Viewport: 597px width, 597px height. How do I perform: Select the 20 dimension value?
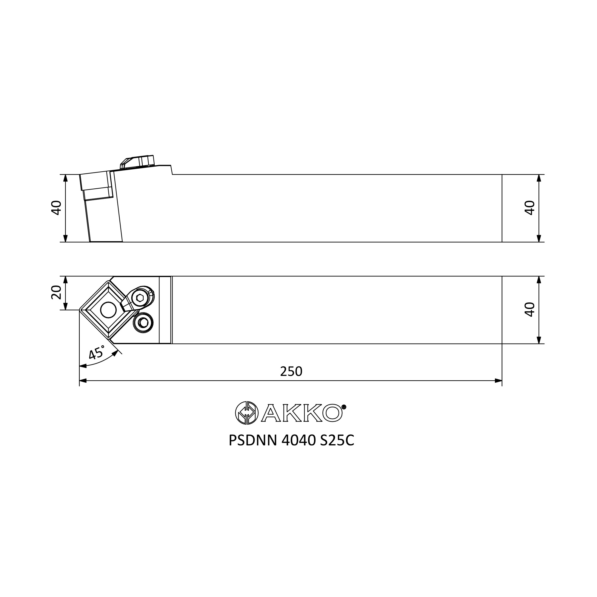56,292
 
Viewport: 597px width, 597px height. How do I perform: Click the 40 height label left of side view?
56,208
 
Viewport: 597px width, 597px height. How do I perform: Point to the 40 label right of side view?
530,208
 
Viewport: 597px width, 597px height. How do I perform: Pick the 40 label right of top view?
530,309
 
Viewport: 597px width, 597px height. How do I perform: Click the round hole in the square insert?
108,310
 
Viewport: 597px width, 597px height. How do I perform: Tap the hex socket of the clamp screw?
140,298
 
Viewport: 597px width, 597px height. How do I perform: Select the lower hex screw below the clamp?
143,323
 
